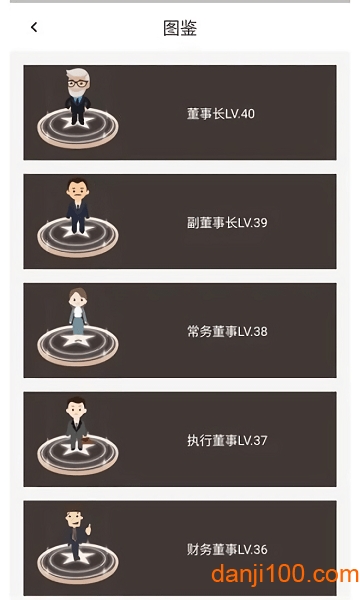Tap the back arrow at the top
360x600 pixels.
(34, 27)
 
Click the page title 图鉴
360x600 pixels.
(180, 28)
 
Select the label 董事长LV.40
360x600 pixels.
(221, 114)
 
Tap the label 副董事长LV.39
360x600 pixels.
(227, 222)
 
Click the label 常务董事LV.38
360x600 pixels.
(227, 331)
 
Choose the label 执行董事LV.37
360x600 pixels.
(227, 440)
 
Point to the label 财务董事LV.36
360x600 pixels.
(227, 549)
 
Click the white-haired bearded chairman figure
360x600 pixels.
(78, 96)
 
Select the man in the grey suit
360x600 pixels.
(77, 423)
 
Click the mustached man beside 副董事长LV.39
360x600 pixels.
(78, 205)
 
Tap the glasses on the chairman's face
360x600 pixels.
(78, 83)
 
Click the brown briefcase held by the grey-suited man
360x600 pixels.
(88, 439)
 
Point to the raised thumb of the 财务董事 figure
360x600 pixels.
(88, 529)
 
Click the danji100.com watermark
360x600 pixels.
(285, 574)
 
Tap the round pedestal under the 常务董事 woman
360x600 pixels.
(78, 345)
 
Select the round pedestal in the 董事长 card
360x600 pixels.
(78, 128)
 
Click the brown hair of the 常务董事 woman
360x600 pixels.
(78, 294)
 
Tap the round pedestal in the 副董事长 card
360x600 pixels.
(78, 237)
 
